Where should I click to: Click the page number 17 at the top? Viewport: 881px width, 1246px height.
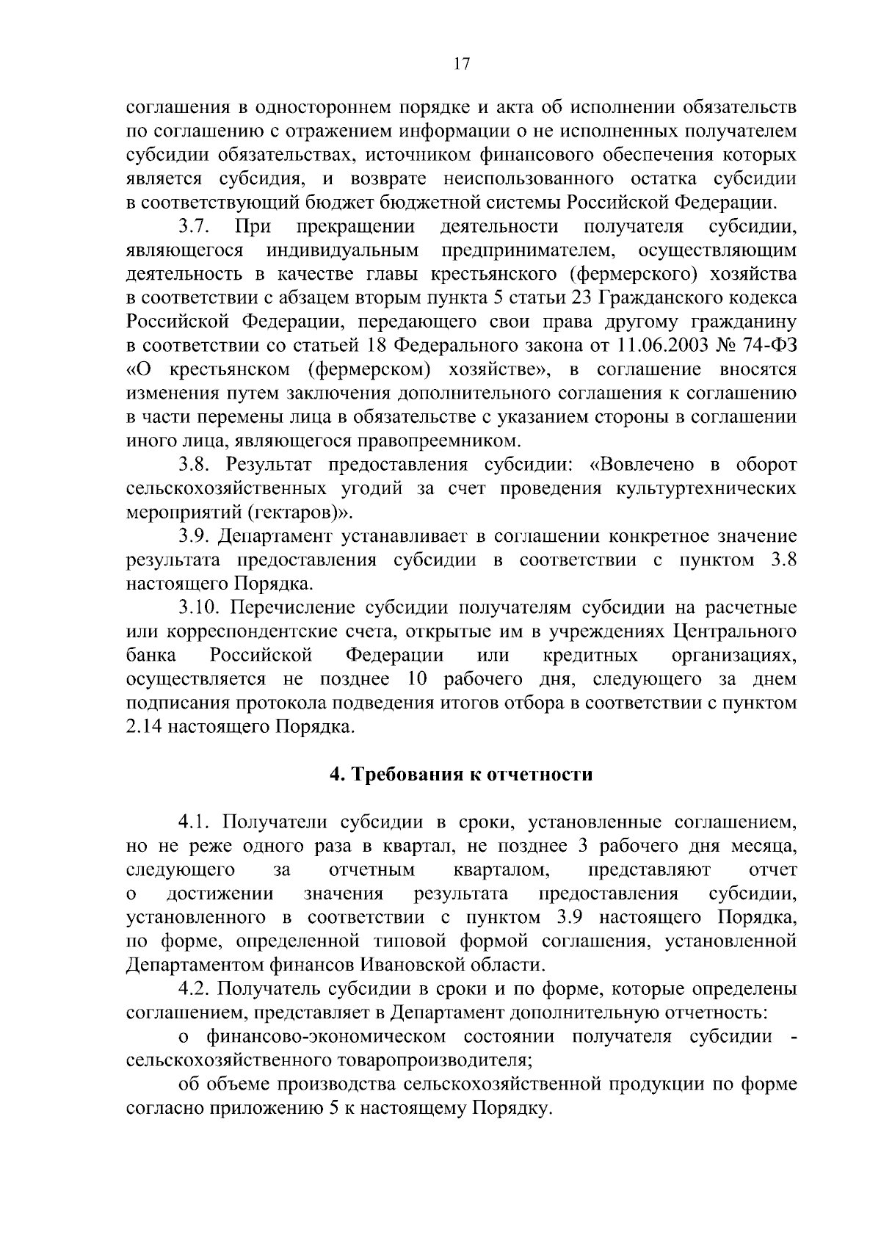(461, 64)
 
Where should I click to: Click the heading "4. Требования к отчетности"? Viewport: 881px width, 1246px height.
(461, 775)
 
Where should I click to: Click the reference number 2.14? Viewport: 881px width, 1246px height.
(142, 727)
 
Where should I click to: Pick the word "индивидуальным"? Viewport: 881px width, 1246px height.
(342, 250)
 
